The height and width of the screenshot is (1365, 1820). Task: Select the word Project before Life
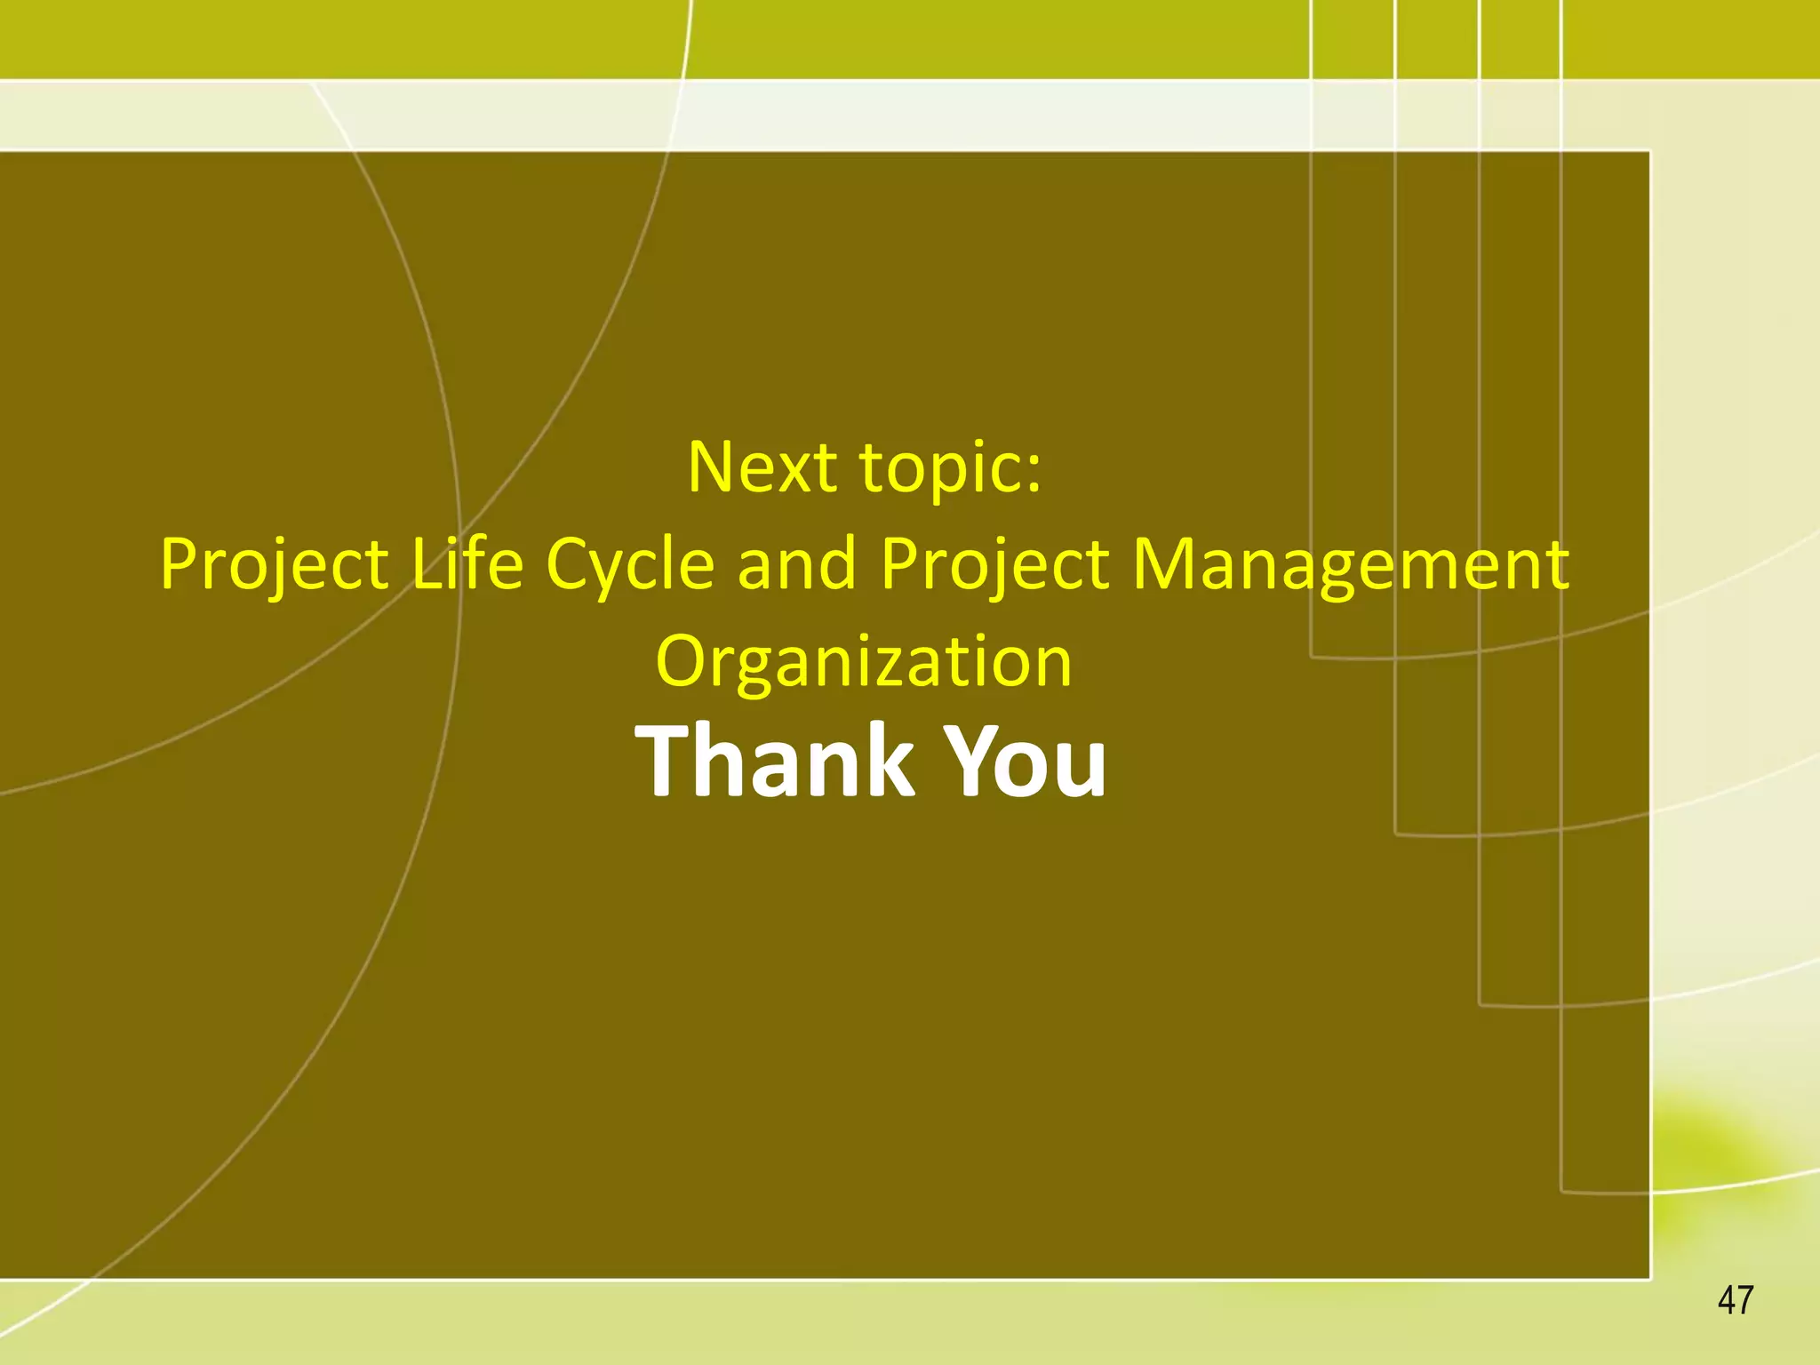click(274, 565)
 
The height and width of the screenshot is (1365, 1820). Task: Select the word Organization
click(864, 662)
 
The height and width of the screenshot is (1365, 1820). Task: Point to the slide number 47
click(1736, 1300)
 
